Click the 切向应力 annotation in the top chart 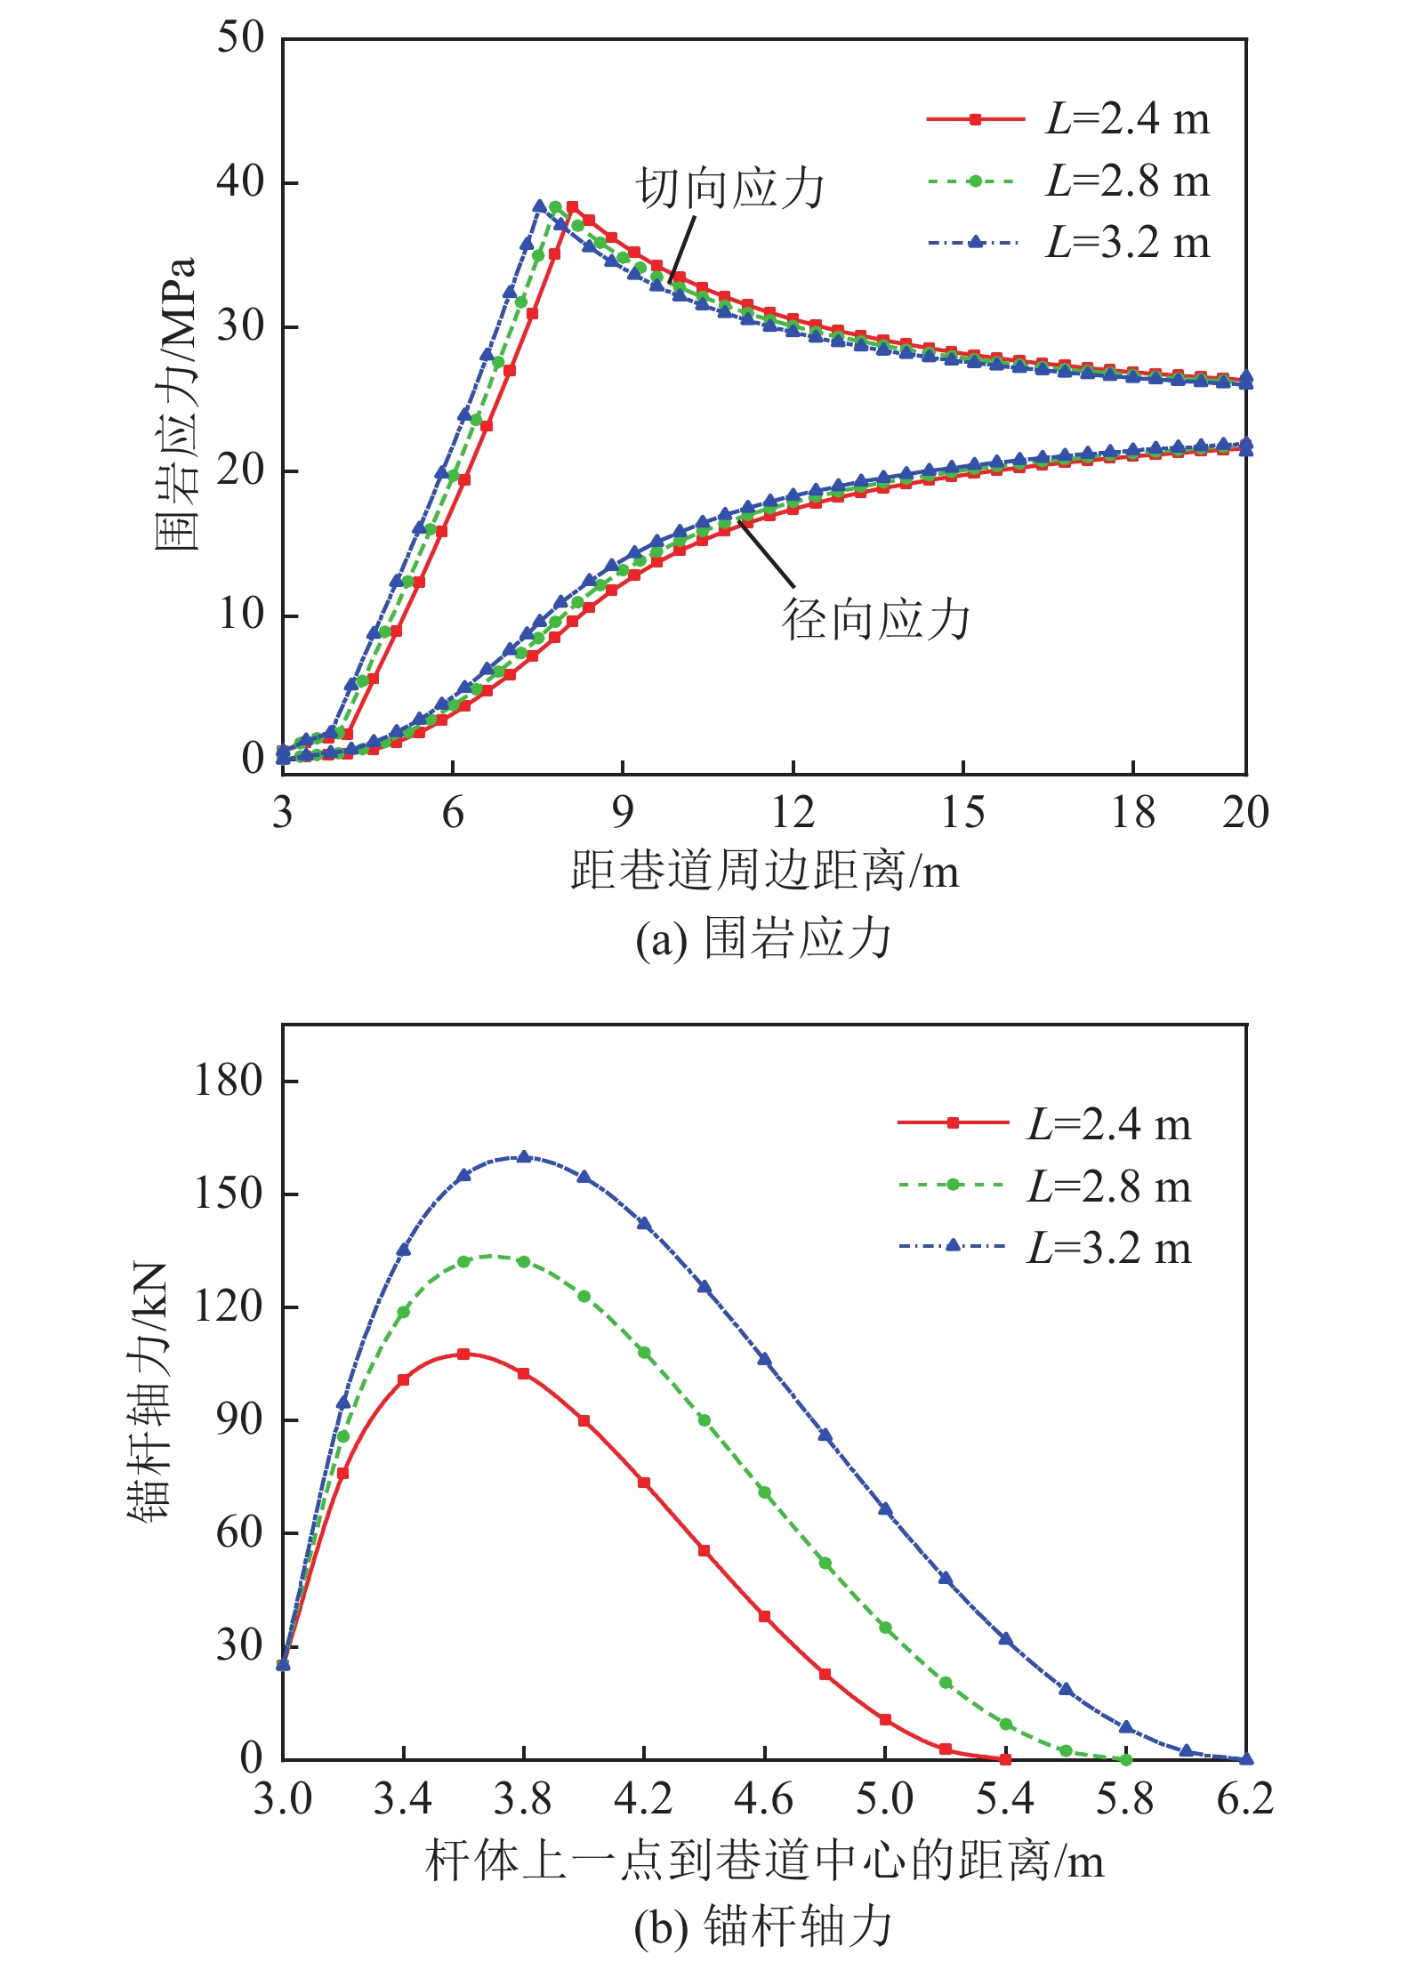coord(730,189)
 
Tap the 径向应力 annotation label coord(875,619)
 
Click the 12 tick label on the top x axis coord(793,812)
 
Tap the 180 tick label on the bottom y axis coord(229,1081)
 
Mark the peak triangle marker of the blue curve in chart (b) coord(524,1156)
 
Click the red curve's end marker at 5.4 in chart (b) coord(1005,1759)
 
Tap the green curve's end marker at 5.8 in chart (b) coord(1126,1759)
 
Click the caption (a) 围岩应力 coord(762,939)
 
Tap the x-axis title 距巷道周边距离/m coord(764,870)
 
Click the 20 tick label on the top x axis coord(1245,812)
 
